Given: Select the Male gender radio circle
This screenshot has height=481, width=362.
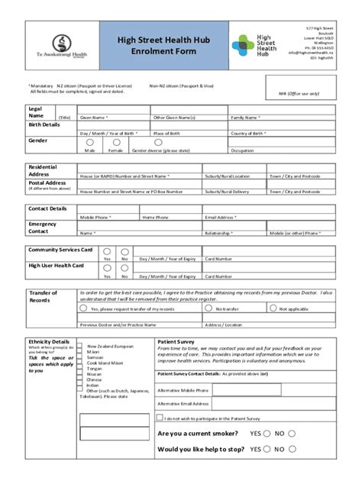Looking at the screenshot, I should point(90,142).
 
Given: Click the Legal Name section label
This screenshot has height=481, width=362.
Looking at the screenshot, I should point(36,112).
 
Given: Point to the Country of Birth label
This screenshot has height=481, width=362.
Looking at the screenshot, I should point(247,133).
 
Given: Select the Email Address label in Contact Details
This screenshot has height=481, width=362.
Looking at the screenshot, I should point(218,217).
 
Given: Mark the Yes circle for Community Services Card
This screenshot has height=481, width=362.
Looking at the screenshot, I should point(107,250).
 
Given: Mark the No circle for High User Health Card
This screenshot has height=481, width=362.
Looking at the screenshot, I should point(125,266).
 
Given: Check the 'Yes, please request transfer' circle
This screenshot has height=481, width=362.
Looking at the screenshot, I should point(85,308).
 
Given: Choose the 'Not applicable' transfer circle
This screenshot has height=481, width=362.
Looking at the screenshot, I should point(273,308).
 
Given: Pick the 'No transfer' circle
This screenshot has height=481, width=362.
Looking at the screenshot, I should point(210,308).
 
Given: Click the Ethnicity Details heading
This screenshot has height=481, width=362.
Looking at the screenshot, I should point(48,341).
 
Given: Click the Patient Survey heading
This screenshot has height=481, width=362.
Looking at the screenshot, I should point(176,341).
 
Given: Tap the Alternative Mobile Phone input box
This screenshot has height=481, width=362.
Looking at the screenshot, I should point(272,389).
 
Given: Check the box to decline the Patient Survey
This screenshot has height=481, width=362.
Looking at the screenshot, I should point(159,418).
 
